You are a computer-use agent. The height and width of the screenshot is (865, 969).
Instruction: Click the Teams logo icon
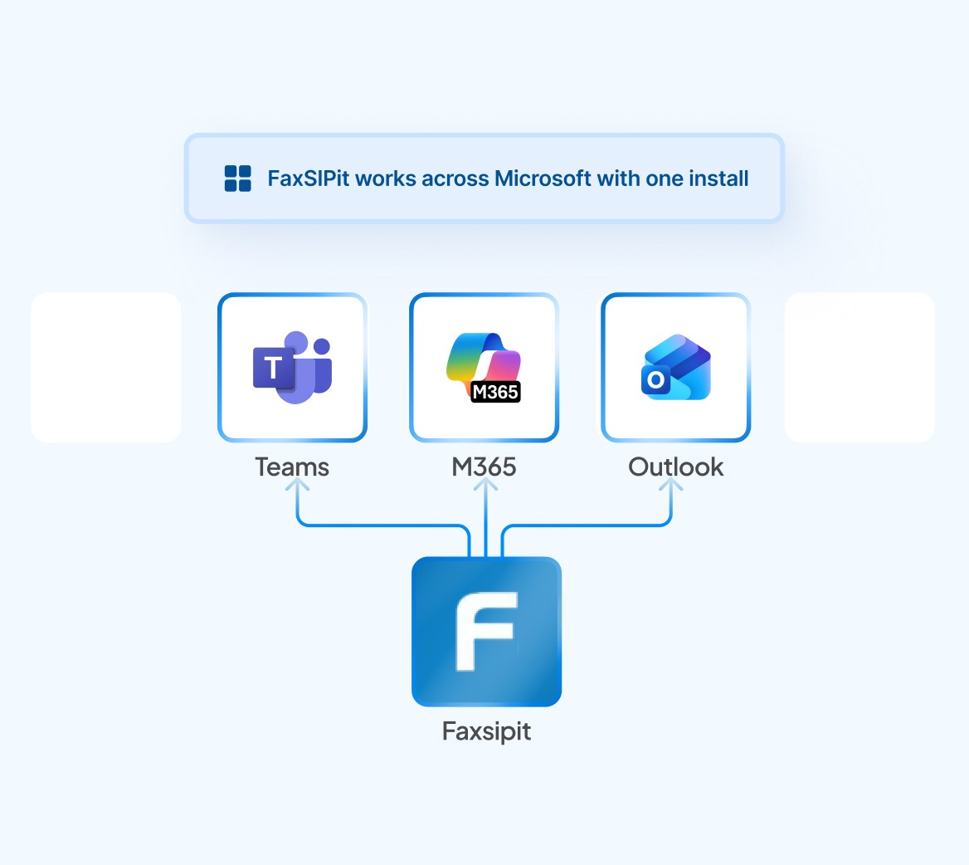point(292,368)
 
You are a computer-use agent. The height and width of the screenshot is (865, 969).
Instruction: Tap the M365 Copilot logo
point(484,366)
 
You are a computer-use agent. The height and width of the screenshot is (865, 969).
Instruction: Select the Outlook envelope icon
point(677,368)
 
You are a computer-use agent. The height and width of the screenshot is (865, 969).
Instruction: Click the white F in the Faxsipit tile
point(486,631)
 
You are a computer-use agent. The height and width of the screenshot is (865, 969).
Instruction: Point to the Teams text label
point(292,467)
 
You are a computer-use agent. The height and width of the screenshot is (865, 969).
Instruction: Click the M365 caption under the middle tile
point(484,467)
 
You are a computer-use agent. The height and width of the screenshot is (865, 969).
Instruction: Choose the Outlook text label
point(676,467)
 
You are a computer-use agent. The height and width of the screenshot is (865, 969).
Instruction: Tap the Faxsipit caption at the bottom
point(486,731)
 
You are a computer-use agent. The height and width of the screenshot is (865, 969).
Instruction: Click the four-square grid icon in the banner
point(238,178)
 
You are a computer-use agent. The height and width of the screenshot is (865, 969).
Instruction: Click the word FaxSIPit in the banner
point(309,178)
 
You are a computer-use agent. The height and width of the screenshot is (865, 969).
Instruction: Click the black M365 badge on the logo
point(495,392)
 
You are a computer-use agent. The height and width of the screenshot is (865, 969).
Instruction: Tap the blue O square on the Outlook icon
point(655,380)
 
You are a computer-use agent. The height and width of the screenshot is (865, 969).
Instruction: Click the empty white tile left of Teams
point(106,367)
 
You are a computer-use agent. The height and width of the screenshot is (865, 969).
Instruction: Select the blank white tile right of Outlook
point(859,367)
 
